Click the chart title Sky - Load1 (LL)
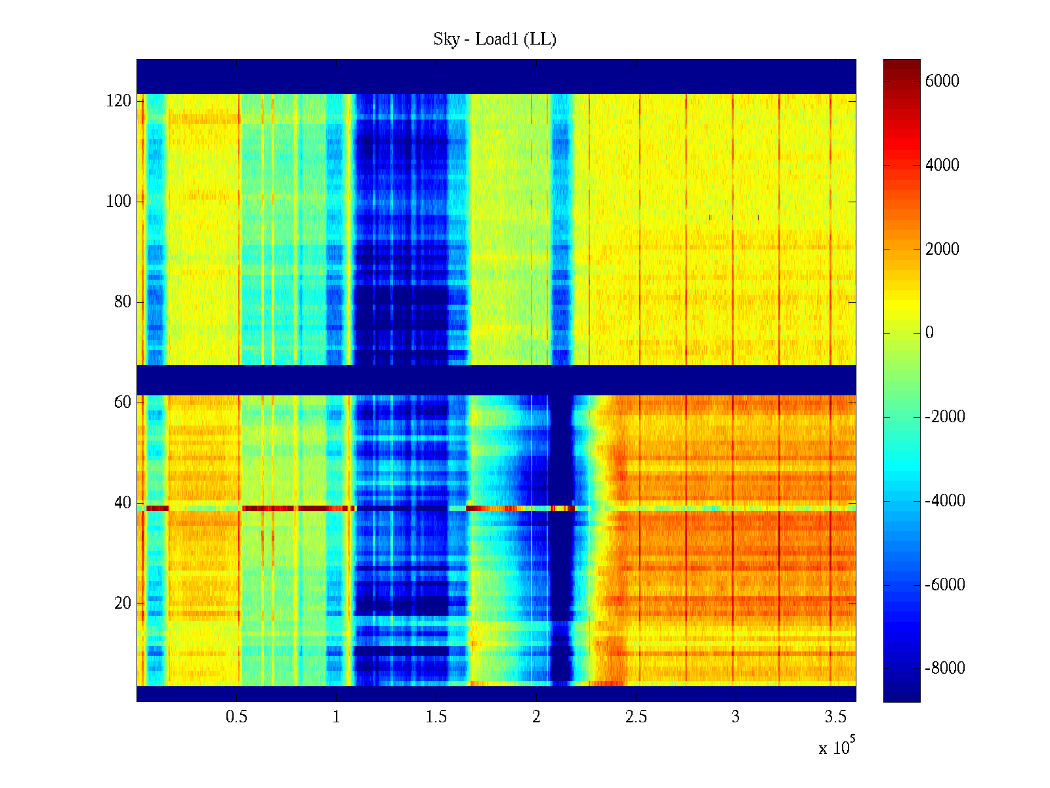pos(495,39)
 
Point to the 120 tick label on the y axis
pos(119,101)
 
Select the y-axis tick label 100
pos(119,202)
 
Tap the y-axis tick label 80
pos(123,302)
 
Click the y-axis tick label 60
pos(123,403)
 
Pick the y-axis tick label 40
pos(123,503)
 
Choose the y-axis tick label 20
pos(123,603)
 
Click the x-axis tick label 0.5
pos(236,716)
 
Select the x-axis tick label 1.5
pos(436,716)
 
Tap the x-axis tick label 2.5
pos(636,716)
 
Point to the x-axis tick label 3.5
pos(835,716)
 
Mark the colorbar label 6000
pos(942,81)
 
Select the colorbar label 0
pos(929,332)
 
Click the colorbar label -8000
pos(945,668)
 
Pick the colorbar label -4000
pos(945,500)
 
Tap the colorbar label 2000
pos(942,249)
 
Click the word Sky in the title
pos(446,39)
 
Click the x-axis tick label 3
pos(736,716)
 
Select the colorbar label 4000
pos(942,165)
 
